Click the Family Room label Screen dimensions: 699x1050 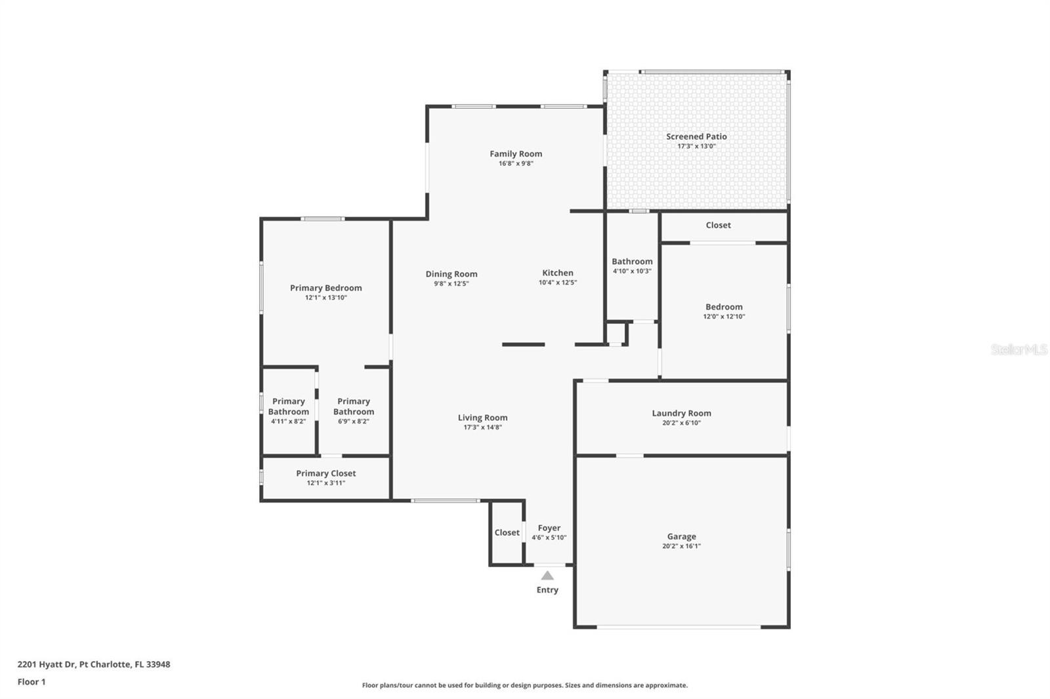pyautogui.click(x=516, y=154)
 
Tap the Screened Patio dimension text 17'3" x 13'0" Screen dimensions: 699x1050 pyautogui.click(x=696, y=146)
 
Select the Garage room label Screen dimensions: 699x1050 pyautogui.click(x=681, y=536)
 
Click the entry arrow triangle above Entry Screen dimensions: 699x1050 pyautogui.click(x=547, y=576)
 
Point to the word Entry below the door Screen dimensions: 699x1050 pyautogui.click(x=547, y=590)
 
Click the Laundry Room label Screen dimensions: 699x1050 pyautogui.click(x=681, y=413)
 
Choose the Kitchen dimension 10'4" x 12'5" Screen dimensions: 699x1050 pyautogui.click(x=558, y=283)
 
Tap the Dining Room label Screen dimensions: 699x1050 pyautogui.click(x=451, y=274)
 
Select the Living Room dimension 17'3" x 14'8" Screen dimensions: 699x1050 pyautogui.click(x=482, y=428)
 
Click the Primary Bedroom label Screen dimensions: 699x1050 pyautogui.click(x=325, y=288)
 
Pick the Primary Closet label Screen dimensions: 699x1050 pyautogui.click(x=325, y=473)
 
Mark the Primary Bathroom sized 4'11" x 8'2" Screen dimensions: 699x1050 pyautogui.click(x=288, y=411)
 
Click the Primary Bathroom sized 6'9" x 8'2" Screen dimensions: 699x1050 pyautogui.click(x=353, y=411)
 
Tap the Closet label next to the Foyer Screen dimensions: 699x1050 pyautogui.click(x=507, y=532)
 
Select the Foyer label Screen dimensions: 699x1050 pyautogui.click(x=549, y=528)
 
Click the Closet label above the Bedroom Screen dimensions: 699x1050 pyautogui.click(x=718, y=225)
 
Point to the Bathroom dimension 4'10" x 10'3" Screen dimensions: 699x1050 pyautogui.click(x=632, y=271)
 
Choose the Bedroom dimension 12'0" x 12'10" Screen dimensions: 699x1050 pyautogui.click(x=724, y=317)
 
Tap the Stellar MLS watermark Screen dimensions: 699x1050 pyautogui.click(x=1018, y=349)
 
